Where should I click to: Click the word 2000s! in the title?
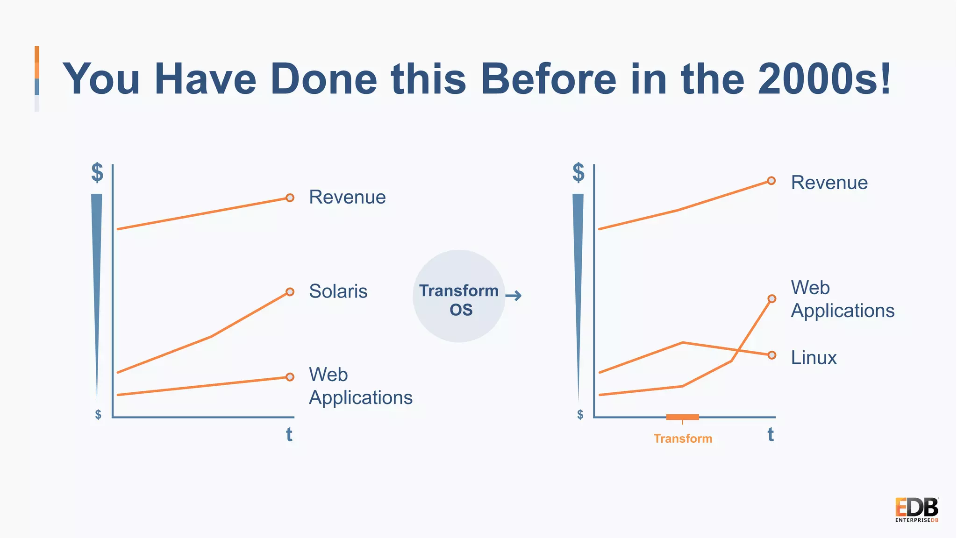click(x=824, y=79)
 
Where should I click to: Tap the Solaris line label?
click(x=338, y=291)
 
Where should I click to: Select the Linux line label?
click(x=814, y=358)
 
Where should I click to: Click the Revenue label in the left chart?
click(x=347, y=197)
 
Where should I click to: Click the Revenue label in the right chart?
click(x=829, y=183)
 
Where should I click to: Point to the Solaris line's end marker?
click(x=290, y=292)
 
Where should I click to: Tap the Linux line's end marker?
click(x=772, y=355)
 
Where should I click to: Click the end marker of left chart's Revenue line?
click(x=290, y=198)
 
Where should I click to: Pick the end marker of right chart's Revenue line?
click(x=771, y=181)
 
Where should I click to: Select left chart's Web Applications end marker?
click(x=290, y=377)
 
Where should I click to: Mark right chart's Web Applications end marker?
click(x=772, y=299)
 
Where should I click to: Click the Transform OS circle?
click(x=459, y=296)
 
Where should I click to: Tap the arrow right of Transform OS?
click(x=514, y=296)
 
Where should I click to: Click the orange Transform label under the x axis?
click(x=683, y=439)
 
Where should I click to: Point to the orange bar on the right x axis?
click(x=682, y=417)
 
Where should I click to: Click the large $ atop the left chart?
click(x=97, y=173)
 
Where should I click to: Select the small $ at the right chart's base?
click(x=580, y=414)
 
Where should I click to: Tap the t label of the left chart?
click(x=289, y=434)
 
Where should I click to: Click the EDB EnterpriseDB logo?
click(x=916, y=510)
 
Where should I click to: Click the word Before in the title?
click(x=549, y=79)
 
